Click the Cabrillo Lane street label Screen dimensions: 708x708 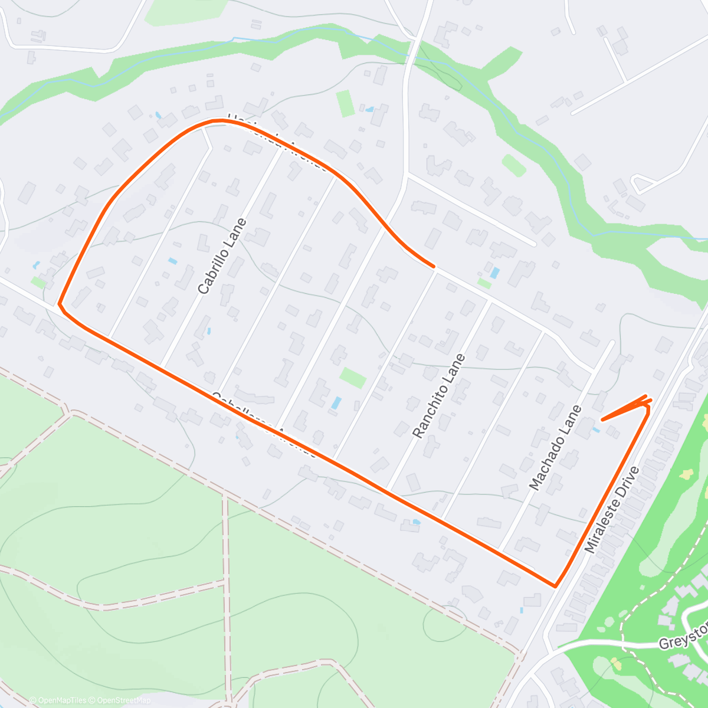(x=222, y=256)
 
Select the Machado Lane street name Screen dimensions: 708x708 (x=556, y=448)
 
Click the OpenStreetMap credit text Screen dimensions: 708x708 (x=124, y=700)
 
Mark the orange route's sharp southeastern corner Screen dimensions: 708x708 (x=555, y=586)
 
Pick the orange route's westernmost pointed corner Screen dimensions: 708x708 (x=59, y=305)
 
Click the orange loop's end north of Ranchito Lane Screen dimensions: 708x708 (x=434, y=267)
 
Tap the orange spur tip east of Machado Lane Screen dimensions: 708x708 (x=602, y=419)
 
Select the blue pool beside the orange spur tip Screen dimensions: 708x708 (x=596, y=430)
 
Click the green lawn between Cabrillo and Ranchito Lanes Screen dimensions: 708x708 (x=353, y=378)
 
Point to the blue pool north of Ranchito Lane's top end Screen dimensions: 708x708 (x=495, y=273)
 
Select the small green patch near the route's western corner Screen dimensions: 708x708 (x=39, y=283)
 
